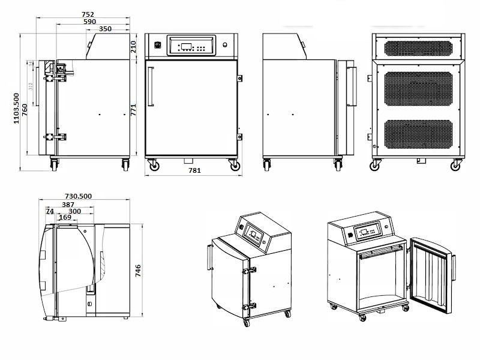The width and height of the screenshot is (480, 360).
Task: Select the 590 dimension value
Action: (x=89, y=22)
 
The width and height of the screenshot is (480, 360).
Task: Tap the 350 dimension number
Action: (x=104, y=28)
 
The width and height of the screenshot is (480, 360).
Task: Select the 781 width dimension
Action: (x=194, y=170)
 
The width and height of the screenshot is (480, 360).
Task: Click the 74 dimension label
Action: (x=49, y=211)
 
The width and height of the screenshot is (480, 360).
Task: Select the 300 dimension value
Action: (x=75, y=211)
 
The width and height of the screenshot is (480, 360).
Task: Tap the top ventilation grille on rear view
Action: (x=418, y=47)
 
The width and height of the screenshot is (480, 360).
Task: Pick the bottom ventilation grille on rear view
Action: (x=418, y=134)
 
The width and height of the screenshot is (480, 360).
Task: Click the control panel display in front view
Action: (x=186, y=47)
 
